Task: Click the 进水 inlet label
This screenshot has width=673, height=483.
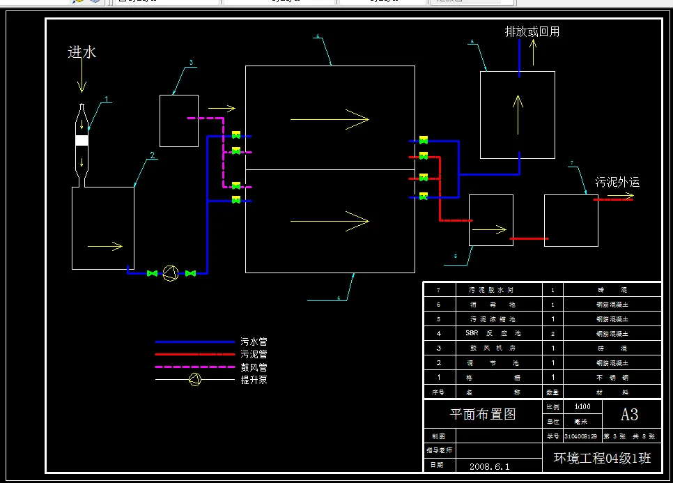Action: pos(82,52)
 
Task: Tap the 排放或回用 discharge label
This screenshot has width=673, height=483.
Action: pos(532,31)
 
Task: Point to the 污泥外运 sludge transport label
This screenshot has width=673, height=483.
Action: pos(617,183)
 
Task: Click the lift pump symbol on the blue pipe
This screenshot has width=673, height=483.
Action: pos(171,274)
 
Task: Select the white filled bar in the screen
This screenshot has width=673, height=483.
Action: pos(82,140)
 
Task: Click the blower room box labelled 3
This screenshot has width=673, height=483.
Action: pos(179,121)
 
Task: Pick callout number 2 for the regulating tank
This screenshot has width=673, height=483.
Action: pos(153,156)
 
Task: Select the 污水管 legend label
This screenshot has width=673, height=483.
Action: pos(254,342)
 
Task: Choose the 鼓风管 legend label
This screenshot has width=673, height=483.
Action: pos(254,367)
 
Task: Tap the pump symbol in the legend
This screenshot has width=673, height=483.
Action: pos(196,379)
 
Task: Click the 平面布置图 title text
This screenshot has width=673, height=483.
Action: pos(483,414)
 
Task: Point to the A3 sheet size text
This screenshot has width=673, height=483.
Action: pos(629,414)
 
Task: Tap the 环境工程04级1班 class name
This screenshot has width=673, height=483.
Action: pos(602,458)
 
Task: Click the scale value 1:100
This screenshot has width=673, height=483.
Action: pos(582,406)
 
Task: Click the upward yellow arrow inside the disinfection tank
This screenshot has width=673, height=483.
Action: pos(518,114)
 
